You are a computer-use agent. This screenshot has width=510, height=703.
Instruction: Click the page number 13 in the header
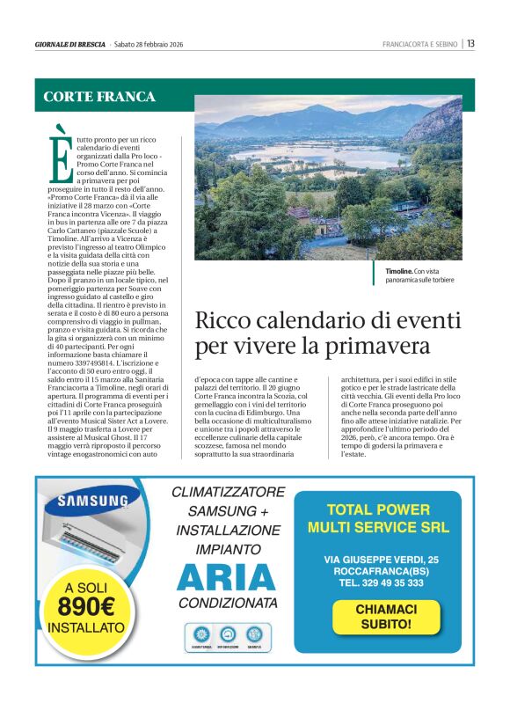(x=471, y=43)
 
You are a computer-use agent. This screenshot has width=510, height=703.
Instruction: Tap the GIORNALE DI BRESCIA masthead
(x=69, y=44)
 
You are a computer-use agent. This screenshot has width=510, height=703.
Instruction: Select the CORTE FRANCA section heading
(x=99, y=97)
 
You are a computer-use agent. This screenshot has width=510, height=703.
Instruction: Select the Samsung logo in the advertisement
(x=92, y=502)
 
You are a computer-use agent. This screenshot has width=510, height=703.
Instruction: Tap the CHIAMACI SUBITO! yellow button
(x=385, y=617)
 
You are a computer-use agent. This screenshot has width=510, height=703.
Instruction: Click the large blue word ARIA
(x=226, y=577)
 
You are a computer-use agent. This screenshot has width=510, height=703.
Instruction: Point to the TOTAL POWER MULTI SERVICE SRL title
(x=378, y=519)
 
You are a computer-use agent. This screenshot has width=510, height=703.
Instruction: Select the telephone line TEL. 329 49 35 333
(x=379, y=582)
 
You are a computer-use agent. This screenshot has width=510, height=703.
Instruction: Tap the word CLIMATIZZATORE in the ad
(x=228, y=492)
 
